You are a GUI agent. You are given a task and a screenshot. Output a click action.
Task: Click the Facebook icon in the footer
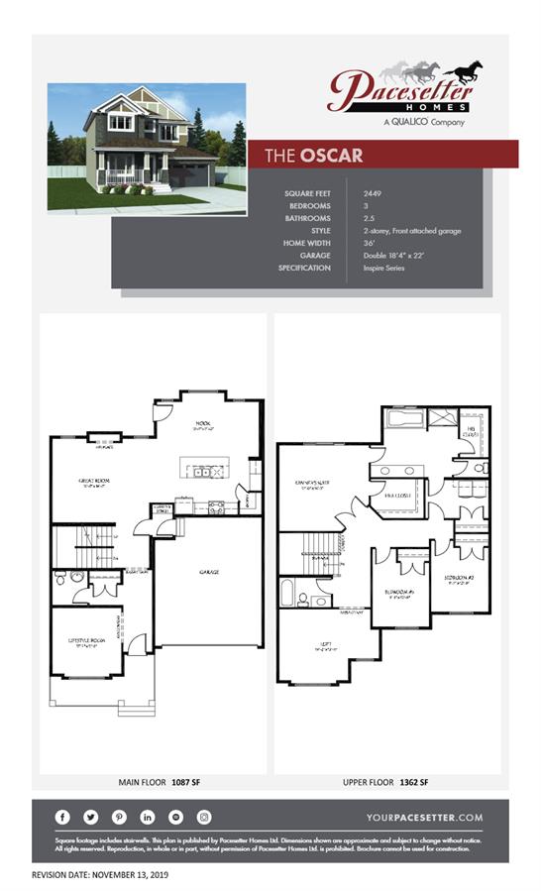pos(63,817)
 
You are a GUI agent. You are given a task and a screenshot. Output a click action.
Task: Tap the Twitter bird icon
pos(91,817)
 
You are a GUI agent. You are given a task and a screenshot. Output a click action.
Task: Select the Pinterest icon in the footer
pos(119,817)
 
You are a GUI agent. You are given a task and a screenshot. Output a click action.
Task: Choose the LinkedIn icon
pos(148,817)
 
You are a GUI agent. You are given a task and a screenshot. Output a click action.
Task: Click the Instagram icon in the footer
pos(204,817)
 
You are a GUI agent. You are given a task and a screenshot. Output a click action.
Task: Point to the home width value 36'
pos(370,243)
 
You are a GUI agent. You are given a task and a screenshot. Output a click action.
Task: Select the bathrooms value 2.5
pos(371,218)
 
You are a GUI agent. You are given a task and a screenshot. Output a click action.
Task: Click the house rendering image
pos(146,147)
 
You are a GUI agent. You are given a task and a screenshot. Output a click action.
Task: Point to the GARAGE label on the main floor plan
pos(208,572)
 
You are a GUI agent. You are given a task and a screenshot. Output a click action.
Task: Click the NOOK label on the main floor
pos(202,423)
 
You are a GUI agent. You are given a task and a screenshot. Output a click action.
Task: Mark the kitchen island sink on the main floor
pos(202,472)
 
